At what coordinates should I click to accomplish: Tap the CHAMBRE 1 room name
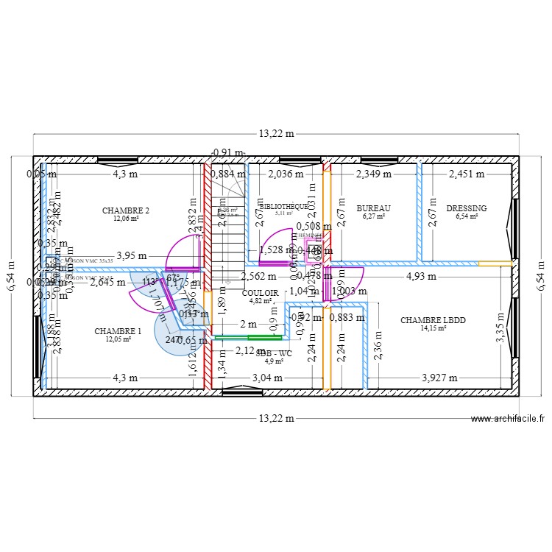(118, 331)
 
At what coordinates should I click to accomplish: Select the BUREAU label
(373, 208)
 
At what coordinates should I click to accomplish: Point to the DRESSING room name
(467, 208)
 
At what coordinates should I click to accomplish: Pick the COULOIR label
(260, 292)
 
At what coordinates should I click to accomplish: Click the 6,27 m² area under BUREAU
(373, 216)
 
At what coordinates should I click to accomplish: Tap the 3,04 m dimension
(267, 378)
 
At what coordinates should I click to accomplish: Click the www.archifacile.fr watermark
(508, 418)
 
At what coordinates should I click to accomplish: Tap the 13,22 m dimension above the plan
(276, 134)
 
